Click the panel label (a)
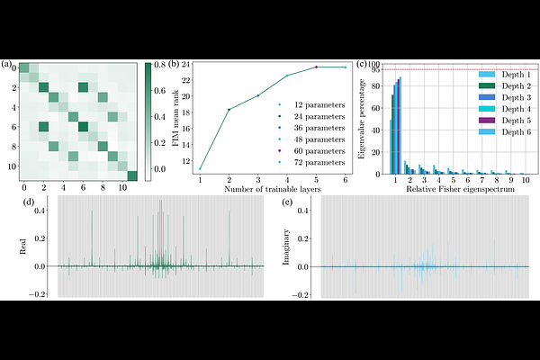(x=7, y=65)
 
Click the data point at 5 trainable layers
(x=316, y=67)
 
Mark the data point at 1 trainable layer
(x=200, y=168)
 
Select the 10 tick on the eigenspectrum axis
(x=524, y=181)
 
